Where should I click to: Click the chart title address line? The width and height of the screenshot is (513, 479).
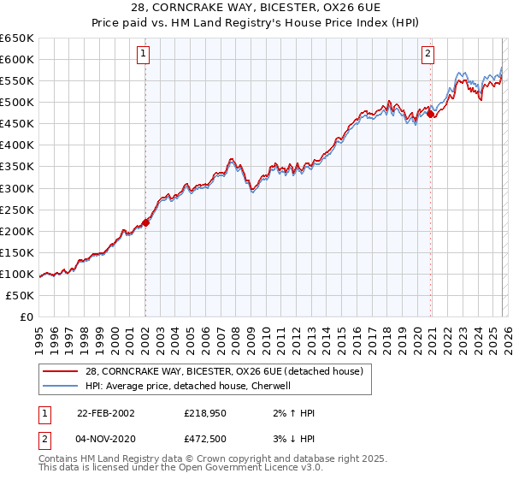point(256,8)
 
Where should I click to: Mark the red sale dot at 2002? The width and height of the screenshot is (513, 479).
point(145,222)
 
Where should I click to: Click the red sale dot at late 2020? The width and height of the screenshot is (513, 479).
point(431,114)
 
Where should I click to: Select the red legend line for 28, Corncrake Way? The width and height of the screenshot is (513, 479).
point(61,371)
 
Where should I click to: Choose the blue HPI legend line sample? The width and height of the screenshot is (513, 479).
point(61,385)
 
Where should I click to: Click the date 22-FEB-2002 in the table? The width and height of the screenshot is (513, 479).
point(105,412)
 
